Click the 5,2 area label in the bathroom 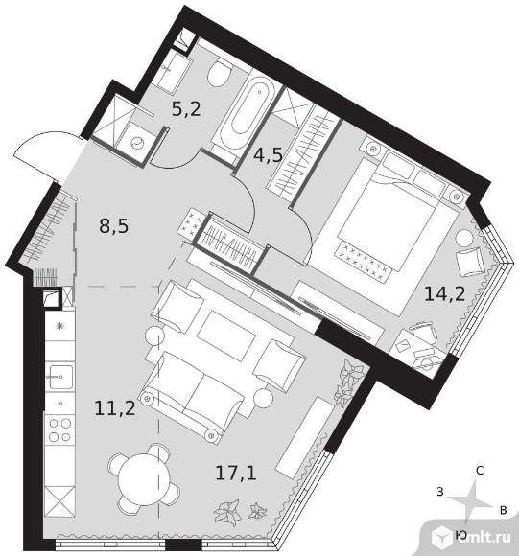pos(186,108)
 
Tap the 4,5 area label pos(268,154)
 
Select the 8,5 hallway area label pos(114,226)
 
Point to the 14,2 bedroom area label pos(444,293)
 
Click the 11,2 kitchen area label pos(115,407)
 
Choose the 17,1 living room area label pos(236,473)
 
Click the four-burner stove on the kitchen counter pos(59,429)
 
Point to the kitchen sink pos(59,376)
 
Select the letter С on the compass pos(480,471)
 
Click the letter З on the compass pos(440,492)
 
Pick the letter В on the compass pos(503,510)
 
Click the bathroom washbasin pos(170,72)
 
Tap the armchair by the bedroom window pos(471,262)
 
